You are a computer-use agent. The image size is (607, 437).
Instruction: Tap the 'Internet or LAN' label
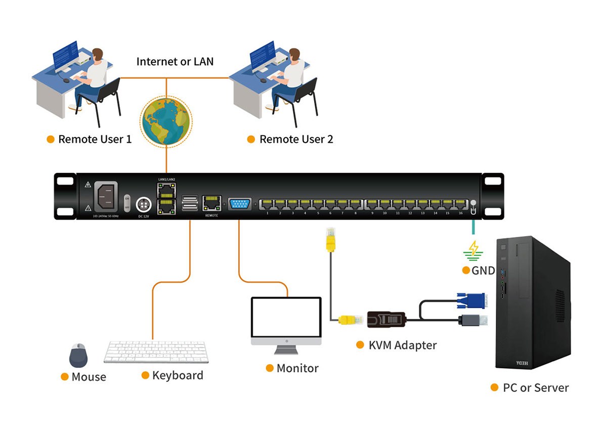[x=175, y=62]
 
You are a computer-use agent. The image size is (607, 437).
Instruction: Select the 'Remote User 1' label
[x=95, y=139]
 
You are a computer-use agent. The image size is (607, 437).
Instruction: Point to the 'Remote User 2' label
[x=296, y=139]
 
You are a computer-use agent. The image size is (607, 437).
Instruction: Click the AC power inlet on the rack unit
[x=106, y=195]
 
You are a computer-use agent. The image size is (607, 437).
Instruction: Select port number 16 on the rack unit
[x=460, y=204]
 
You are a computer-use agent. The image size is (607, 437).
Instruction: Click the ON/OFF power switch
[x=127, y=201]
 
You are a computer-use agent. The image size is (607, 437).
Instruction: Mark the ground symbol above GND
[x=474, y=249]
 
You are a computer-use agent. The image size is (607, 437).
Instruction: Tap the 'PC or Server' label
[x=536, y=388]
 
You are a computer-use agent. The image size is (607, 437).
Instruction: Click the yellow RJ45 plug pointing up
[x=330, y=240]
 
